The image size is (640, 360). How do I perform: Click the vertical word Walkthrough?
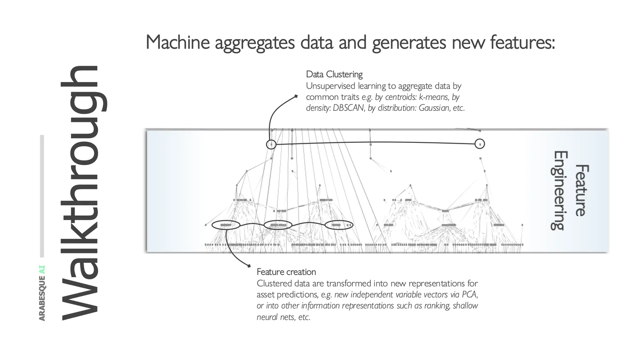(83, 193)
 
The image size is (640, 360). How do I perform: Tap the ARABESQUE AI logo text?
(42, 293)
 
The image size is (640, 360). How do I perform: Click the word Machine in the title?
(177, 43)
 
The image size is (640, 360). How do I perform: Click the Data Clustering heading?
(334, 74)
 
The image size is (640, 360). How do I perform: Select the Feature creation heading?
(286, 272)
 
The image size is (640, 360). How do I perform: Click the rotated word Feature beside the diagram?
(581, 190)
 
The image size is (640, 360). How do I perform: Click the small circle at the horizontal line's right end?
(480, 144)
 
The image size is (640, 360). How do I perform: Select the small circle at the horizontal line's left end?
(271, 144)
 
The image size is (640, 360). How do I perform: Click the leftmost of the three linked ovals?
(226, 225)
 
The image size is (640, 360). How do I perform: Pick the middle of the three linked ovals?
(278, 225)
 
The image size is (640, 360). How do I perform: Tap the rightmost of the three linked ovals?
(339, 225)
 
